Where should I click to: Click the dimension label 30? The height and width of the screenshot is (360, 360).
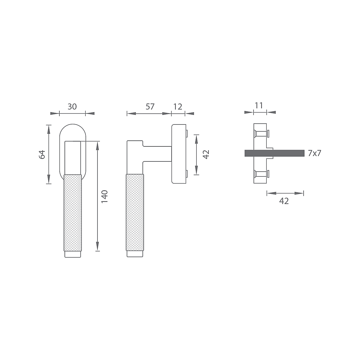click(72, 107)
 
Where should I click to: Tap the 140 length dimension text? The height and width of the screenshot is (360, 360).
click(104, 196)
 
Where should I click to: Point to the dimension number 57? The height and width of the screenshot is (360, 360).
click(150, 107)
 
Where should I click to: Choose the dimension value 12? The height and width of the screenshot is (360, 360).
click(178, 107)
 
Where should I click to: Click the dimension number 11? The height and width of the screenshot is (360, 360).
click(259, 106)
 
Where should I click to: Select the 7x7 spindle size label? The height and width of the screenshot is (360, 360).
click(315, 153)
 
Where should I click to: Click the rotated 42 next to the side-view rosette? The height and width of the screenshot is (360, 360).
click(206, 154)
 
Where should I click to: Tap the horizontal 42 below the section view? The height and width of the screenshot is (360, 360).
click(284, 201)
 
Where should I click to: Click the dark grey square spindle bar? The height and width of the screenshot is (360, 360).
click(274, 153)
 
